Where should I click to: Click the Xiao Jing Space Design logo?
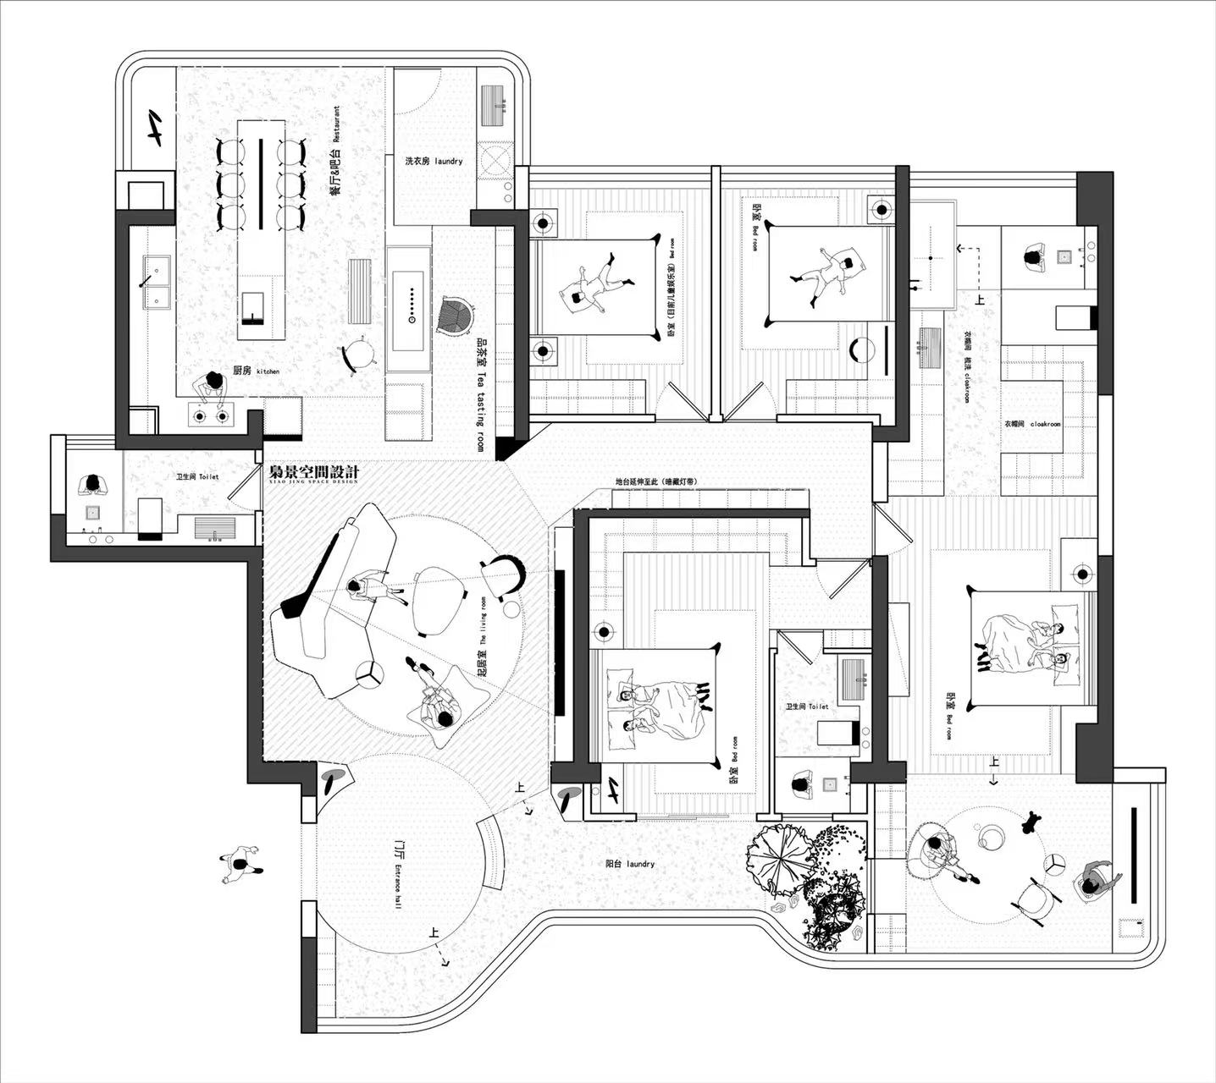click(313, 474)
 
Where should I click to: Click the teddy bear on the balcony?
click(1031, 820)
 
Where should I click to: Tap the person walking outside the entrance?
click(240, 865)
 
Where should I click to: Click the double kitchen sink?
click(156, 283)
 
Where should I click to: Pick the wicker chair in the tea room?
click(456, 316)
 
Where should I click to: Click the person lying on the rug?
click(437, 700)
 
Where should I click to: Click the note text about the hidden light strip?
click(656, 482)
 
